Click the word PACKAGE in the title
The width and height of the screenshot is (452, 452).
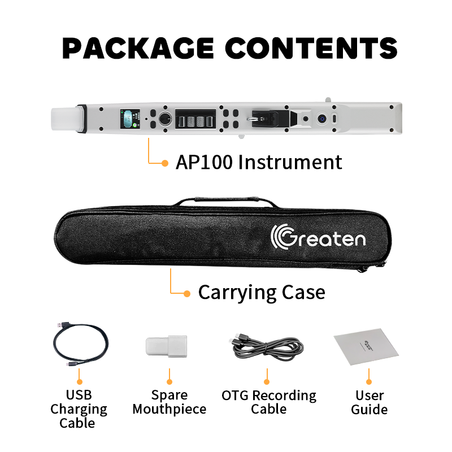click(x=138, y=48)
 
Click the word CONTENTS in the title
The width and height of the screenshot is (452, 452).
click(x=311, y=48)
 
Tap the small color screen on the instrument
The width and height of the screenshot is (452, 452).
click(x=130, y=119)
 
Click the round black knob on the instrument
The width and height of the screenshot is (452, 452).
click(x=165, y=119)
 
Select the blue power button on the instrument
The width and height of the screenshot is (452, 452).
click(x=321, y=119)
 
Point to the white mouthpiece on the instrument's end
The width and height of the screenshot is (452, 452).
click(x=66, y=119)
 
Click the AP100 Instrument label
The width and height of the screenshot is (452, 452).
click(x=259, y=162)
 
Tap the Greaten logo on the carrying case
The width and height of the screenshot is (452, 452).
click(x=318, y=237)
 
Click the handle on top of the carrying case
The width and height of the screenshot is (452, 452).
click(x=227, y=200)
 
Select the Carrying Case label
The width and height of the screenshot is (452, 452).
click(x=262, y=293)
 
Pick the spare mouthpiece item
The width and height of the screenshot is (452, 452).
click(x=166, y=346)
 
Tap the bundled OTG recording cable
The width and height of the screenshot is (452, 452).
click(x=268, y=347)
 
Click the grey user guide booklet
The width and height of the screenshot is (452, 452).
click(x=366, y=346)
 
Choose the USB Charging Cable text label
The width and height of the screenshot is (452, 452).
click(x=79, y=409)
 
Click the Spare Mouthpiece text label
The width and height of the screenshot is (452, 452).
click(x=169, y=402)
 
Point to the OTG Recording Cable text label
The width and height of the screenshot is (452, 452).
click(x=269, y=402)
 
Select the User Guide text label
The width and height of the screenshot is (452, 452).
click(x=370, y=402)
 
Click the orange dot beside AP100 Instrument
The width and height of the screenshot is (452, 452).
click(x=165, y=163)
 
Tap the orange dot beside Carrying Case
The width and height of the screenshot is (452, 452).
click(x=187, y=294)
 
